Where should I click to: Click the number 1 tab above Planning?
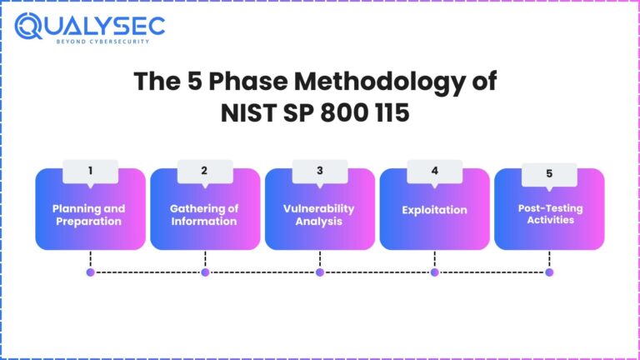[90, 171]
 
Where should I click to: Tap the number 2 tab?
[204, 171]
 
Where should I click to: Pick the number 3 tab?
[319, 171]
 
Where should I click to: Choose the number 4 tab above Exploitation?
[434, 171]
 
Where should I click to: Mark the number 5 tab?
[549, 174]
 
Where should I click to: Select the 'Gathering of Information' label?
[203, 215]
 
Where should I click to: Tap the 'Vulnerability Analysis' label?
[318, 215]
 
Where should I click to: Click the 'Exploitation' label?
[434, 210]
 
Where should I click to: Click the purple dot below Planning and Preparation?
[90, 272]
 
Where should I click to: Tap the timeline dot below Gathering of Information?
[205, 272]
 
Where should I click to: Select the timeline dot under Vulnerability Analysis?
[320, 272]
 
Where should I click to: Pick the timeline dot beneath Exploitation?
[434, 272]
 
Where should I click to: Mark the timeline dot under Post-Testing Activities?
[549, 272]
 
